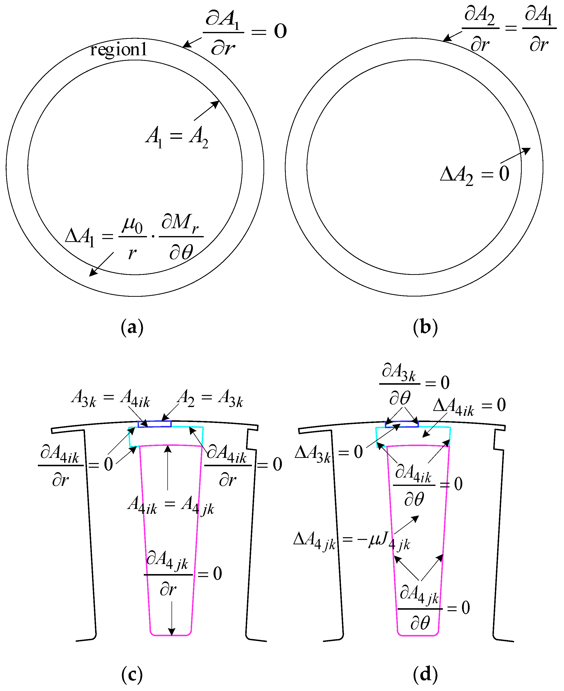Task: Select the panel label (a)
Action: click(132, 327)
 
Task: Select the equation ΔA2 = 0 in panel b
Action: click(474, 174)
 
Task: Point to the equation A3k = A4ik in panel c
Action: click(110, 398)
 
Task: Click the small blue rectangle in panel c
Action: click(155, 424)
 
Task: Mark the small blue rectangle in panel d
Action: click(402, 424)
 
